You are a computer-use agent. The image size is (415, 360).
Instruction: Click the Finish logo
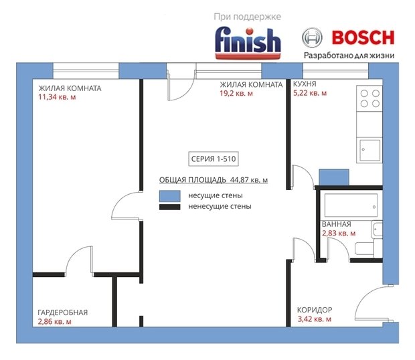click(x=248, y=43)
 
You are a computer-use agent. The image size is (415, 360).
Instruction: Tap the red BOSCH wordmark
click(x=363, y=37)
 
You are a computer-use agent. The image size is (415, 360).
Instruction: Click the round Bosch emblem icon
click(x=313, y=37)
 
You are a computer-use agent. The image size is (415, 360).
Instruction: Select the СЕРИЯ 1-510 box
click(x=214, y=159)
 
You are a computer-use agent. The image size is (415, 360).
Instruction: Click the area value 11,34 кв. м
click(x=57, y=97)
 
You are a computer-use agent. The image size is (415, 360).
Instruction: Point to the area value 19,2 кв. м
click(x=236, y=94)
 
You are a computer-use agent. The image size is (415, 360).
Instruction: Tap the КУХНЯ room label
click(x=305, y=84)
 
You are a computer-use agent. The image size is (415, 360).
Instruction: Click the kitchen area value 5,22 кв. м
click(x=310, y=93)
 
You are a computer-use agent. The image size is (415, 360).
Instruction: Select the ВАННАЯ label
click(x=337, y=224)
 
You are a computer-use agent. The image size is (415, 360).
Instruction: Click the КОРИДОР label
click(x=315, y=310)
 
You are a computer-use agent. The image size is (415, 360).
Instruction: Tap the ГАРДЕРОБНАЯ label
click(x=63, y=312)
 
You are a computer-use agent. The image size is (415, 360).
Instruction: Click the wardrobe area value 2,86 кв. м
click(x=55, y=322)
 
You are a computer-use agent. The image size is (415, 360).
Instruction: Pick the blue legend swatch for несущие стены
click(x=169, y=196)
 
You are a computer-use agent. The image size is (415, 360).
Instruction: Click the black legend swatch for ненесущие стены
click(x=169, y=207)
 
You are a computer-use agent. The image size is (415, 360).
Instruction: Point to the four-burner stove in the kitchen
click(x=369, y=98)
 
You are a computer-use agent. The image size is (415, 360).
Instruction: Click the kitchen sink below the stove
click(x=369, y=150)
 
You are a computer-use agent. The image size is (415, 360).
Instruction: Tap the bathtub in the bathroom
click(x=351, y=205)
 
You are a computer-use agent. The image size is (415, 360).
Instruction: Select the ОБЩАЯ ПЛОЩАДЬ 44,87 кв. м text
click(x=214, y=180)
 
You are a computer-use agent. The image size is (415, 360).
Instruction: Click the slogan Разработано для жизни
click(x=349, y=56)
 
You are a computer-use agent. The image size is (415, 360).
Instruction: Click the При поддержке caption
click(x=248, y=17)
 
